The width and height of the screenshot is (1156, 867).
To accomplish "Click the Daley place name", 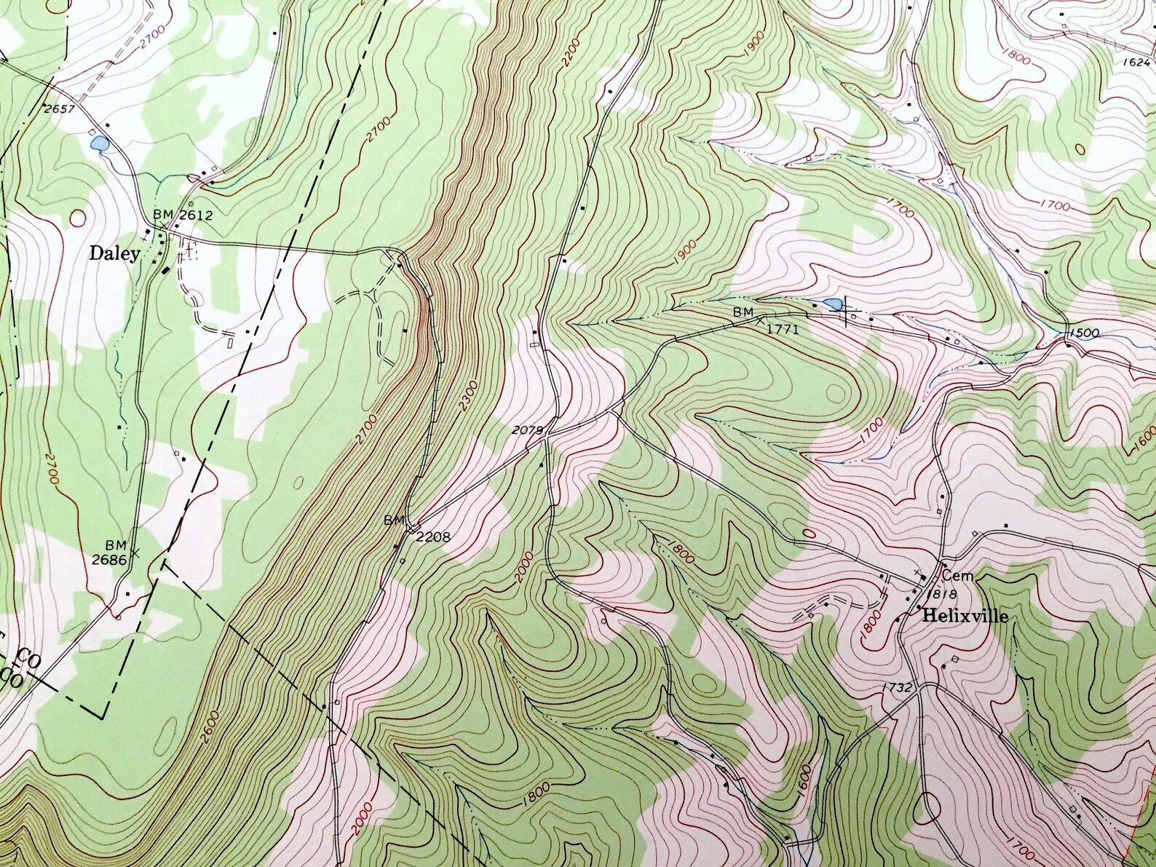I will pos(114,253).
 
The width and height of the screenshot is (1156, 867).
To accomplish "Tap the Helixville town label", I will pos(966,617).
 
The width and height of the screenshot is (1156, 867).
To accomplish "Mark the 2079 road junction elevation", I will pos(528,430).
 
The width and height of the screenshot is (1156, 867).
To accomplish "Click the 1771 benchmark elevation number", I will pos(783,329).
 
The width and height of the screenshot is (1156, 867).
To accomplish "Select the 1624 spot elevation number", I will pos(1135,62).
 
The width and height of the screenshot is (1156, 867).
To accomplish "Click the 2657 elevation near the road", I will pos(60,108).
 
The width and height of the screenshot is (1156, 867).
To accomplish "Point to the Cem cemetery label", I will pos(957,576).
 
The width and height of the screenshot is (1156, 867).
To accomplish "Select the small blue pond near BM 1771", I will pos(831,304).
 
